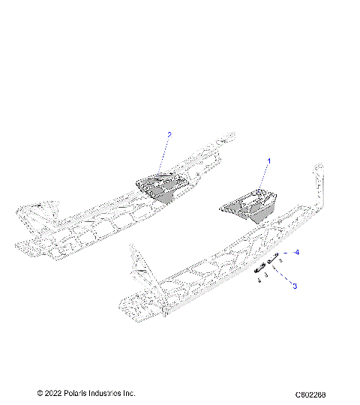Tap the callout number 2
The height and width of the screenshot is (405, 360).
tap(169, 135)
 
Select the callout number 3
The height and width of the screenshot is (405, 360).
tap(295, 286)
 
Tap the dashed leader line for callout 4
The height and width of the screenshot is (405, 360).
tap(288, 254)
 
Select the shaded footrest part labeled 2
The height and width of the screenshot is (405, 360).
tap(161, 187)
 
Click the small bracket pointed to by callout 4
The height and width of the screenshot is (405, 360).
tap(274, 259)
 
